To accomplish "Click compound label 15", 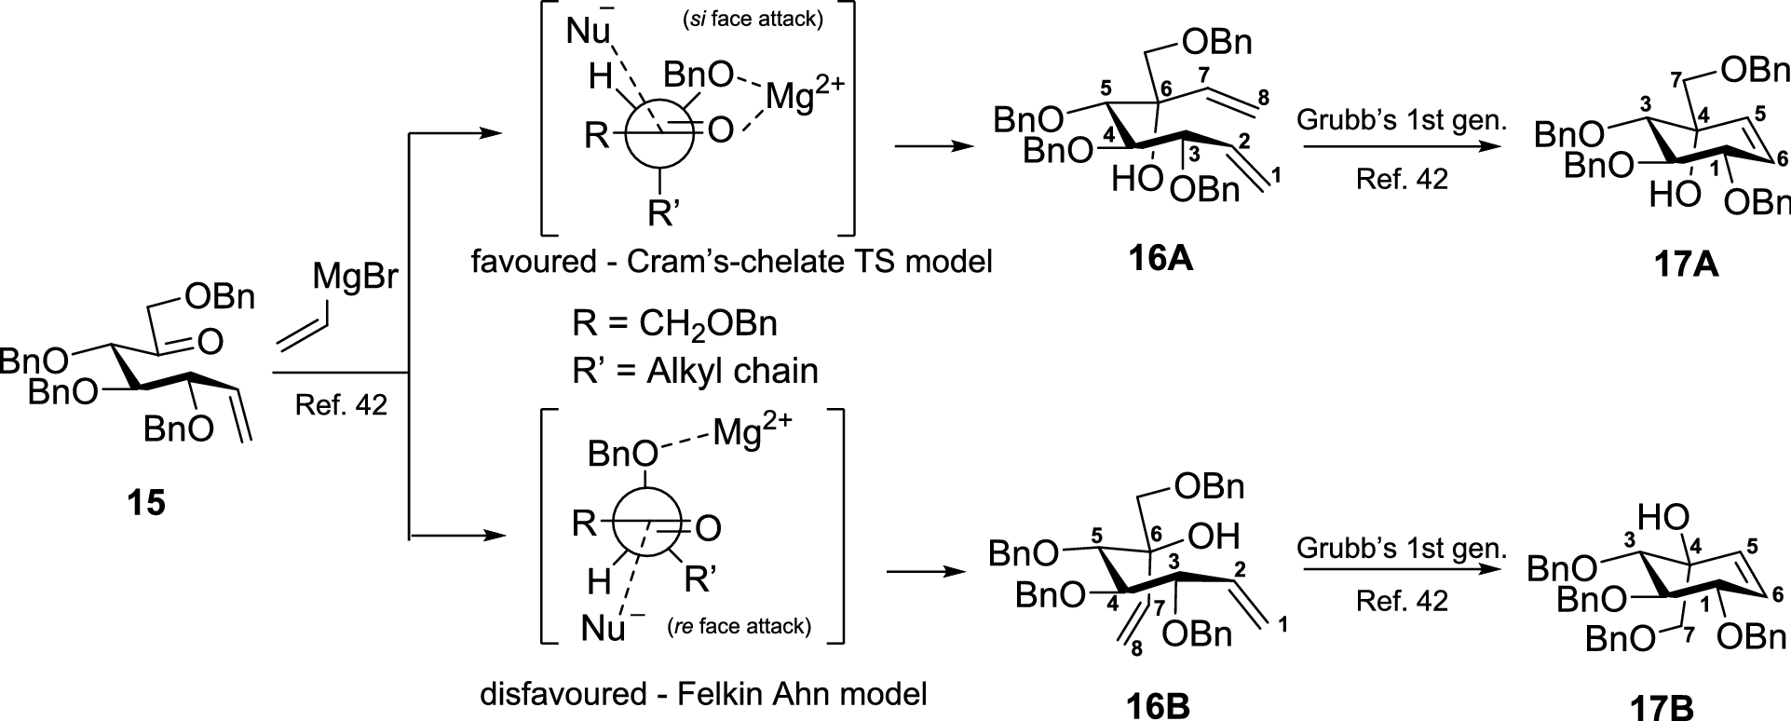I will (x=147, y=504).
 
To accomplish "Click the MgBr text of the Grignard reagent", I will (x=356, y=277).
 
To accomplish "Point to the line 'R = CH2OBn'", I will (x=674, y=324).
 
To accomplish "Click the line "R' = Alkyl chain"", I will (x=695, y=371).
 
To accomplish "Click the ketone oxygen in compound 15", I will (x=210, y=342).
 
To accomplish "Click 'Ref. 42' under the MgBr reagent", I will (x=341, y=404).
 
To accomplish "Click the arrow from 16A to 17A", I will (x=1402, y=146).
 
